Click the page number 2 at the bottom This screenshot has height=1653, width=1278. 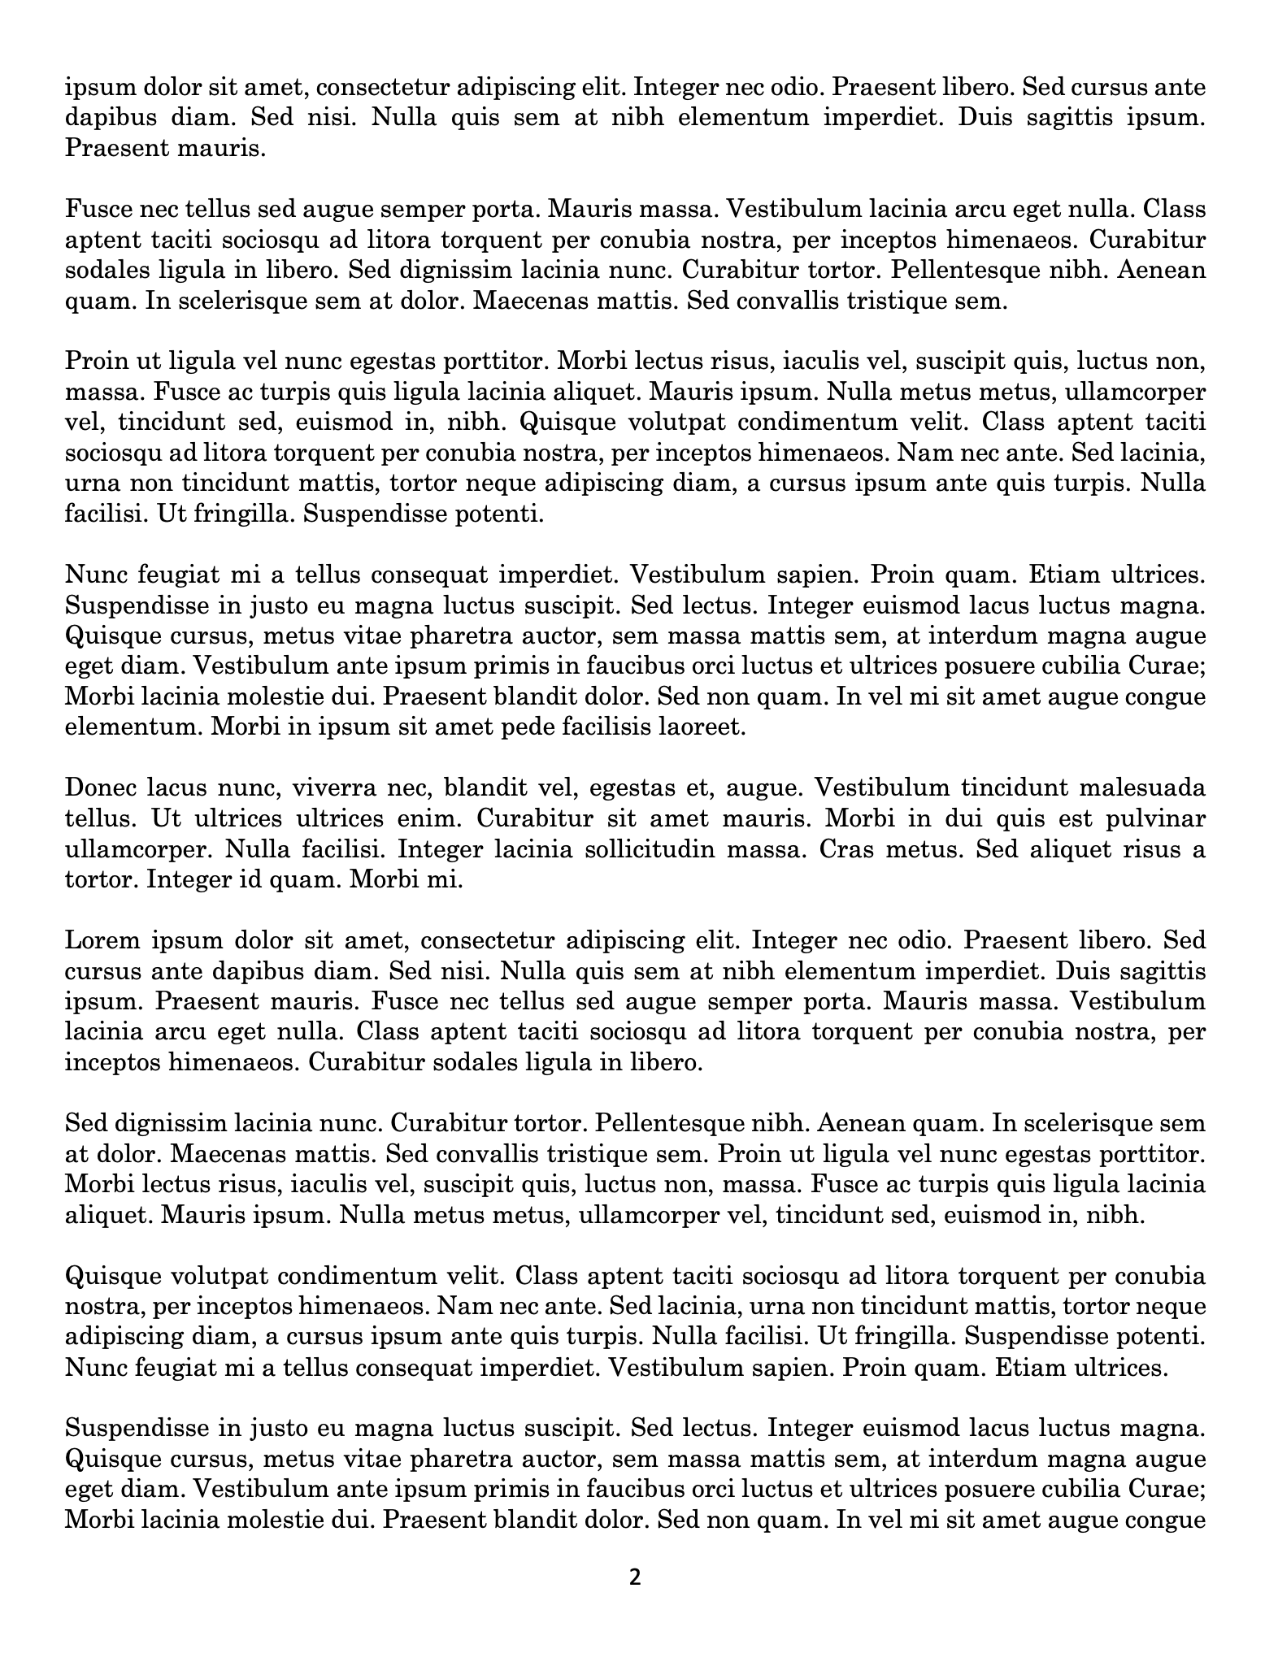(x=635, y=1577)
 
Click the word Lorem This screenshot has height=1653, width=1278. (x=99, y=940)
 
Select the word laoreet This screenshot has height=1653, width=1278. (x=704, y=727)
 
